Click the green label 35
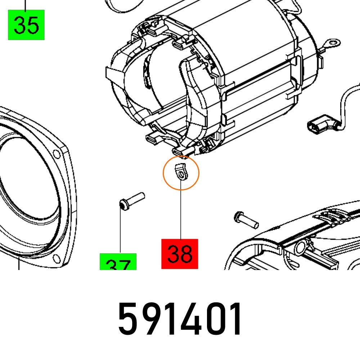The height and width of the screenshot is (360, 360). [x=26, y=25]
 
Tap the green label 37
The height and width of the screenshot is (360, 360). [x=118, y=262]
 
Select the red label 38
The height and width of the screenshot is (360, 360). [x=180, y=254]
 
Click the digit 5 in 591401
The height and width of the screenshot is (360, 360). [x=129, y=319]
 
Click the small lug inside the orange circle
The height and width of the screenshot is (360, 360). [x=181, y=171]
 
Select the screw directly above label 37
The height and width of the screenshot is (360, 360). [x=131, y=201]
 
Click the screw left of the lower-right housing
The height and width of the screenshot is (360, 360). [x=246, y=219]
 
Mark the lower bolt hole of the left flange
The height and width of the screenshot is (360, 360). [x=56, y=258]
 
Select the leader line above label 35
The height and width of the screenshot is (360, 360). [x=26, y=5]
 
